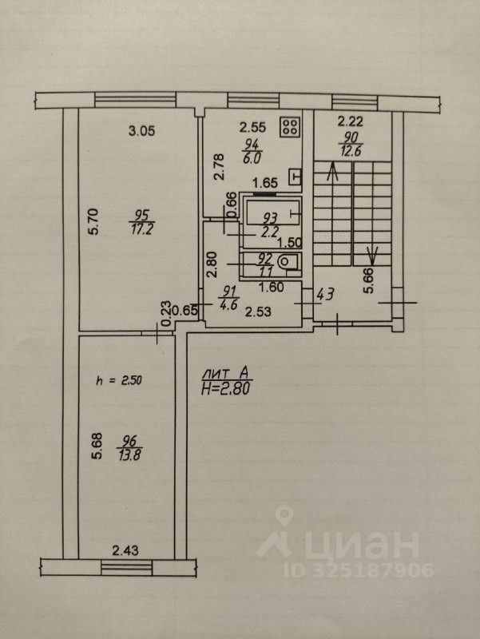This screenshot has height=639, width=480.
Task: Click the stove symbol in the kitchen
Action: pos(290,126)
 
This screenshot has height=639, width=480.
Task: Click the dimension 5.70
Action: pos(93,220)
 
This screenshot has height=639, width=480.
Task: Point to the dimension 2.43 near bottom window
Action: pos(126,550)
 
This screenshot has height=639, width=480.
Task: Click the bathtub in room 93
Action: pos(272,213)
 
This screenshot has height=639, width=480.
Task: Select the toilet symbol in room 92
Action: pos(292,263)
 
